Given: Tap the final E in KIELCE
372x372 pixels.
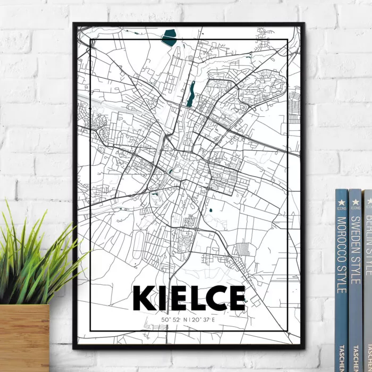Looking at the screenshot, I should point(237,298).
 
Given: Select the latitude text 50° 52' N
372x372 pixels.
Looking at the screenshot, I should point(173,319).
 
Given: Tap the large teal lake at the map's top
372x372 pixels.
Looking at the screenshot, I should point(170,37).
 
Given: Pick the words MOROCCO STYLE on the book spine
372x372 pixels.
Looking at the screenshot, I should point(342,255).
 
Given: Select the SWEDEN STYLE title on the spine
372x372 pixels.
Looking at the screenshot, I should point(355,250).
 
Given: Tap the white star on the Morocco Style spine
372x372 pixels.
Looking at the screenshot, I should point(341,202).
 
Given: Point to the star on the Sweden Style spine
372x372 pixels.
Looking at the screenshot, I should point(355,201).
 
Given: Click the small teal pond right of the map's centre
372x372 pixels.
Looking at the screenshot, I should point(210,211).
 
